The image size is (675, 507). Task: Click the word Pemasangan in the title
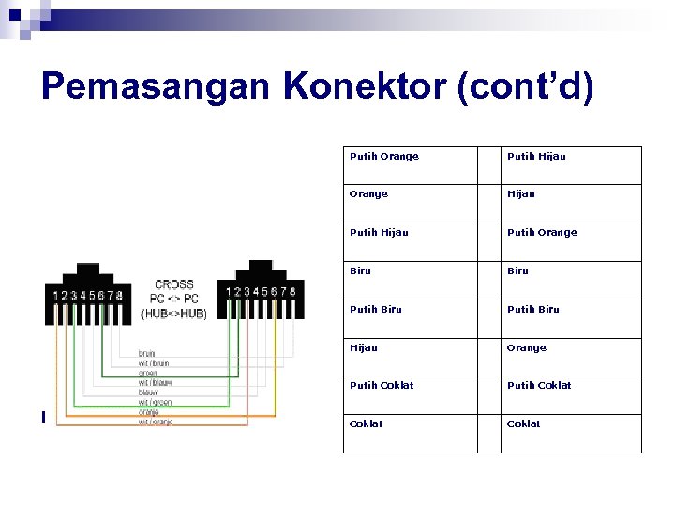(x=155, y=87)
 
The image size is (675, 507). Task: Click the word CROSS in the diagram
(x=174, y=284)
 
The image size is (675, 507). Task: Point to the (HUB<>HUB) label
(x=174, y=314)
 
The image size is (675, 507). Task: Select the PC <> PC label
(x=174, y=299)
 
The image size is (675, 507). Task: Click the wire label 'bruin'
(x=147, y=353)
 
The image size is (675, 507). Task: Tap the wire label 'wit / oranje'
(x=156, y=422)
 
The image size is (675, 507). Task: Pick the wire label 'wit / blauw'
(x=155, y=382)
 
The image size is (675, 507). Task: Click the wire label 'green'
(x=148, y=373)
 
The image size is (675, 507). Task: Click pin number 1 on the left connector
(x=55, y=296)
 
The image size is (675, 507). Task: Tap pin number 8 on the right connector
(x=292, y=292)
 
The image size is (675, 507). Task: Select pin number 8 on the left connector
(x=120, y=296)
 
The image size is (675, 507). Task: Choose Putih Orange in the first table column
(x=384, y=156)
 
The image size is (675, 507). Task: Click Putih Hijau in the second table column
(x=536, y=156)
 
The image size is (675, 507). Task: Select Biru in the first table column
(x=360, y=270)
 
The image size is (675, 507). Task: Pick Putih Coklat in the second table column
(x=539, y=385)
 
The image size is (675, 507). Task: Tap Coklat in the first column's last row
(x=367, y=423)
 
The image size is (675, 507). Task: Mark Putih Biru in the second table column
(x=532, y=309)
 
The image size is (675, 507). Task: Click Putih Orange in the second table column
(x=542, y=232)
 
